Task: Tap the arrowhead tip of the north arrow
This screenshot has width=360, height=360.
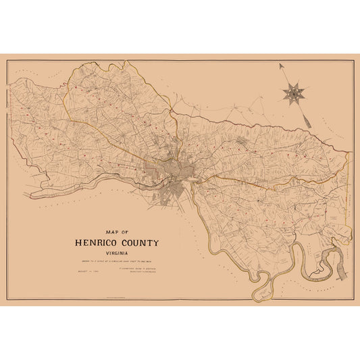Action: [280, 65]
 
